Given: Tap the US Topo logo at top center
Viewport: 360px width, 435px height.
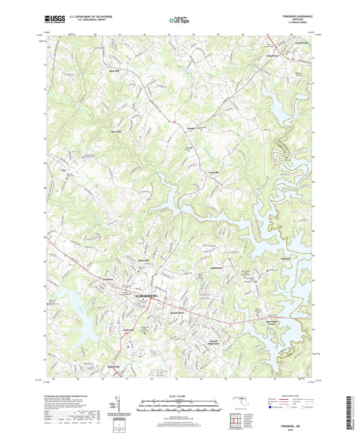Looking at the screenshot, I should tap(179, 21).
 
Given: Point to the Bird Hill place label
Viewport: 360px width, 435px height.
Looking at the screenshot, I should tap(113, 70).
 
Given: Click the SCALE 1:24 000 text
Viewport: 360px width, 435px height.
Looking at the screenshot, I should tap(180, 395).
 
